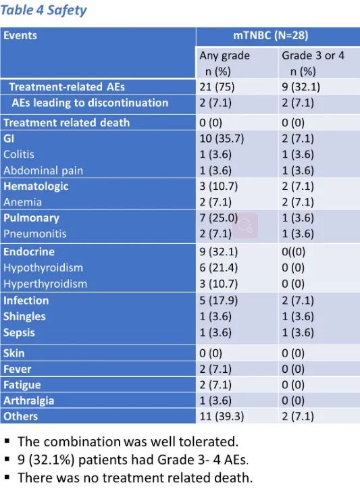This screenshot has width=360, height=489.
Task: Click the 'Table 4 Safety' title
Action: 43,10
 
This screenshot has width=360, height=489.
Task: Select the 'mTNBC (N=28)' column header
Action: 270,35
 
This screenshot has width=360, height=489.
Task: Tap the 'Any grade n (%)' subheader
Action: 224,63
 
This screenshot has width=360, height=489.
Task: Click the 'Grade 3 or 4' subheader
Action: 313,55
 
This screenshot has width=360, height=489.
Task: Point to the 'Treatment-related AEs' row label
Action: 67,86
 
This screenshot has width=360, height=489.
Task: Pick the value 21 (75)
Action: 217,86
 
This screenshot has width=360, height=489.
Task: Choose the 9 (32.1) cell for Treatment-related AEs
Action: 301,86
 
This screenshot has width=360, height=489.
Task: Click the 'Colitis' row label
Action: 19,155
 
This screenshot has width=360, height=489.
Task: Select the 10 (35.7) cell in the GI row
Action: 222,138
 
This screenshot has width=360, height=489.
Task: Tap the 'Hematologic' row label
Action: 36,186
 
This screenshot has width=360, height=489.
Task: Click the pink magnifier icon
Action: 245,226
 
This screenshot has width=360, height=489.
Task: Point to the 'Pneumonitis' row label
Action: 35,234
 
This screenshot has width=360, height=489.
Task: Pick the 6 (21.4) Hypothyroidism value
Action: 218,267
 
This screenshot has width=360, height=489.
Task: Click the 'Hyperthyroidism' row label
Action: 45,284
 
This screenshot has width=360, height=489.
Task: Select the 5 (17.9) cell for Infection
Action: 218,301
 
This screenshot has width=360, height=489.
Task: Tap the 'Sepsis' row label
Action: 19,332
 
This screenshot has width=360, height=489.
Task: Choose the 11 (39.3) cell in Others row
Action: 222,416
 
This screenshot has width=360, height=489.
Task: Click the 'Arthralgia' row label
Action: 28,401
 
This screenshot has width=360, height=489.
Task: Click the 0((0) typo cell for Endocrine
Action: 293,252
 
